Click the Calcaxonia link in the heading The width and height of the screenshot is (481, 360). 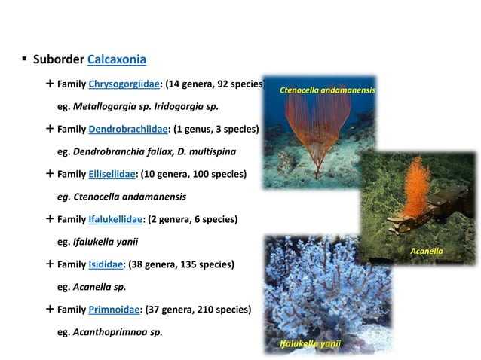117,59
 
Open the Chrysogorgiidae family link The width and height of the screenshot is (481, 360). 124,84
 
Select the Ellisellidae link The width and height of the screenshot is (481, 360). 112,174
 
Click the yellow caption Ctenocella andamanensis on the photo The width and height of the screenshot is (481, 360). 326,90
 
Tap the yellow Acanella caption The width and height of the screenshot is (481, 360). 426,250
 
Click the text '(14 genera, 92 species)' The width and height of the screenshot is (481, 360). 215,84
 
